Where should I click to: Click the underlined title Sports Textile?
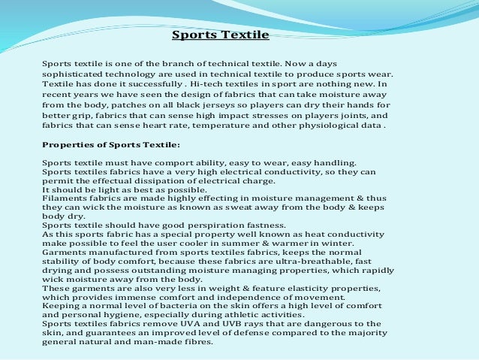point(220,35)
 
